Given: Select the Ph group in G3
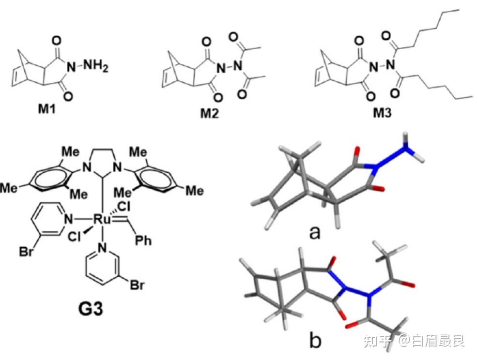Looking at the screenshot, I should tap(143, 240).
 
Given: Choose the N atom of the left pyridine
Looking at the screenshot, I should tap(70, 220).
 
